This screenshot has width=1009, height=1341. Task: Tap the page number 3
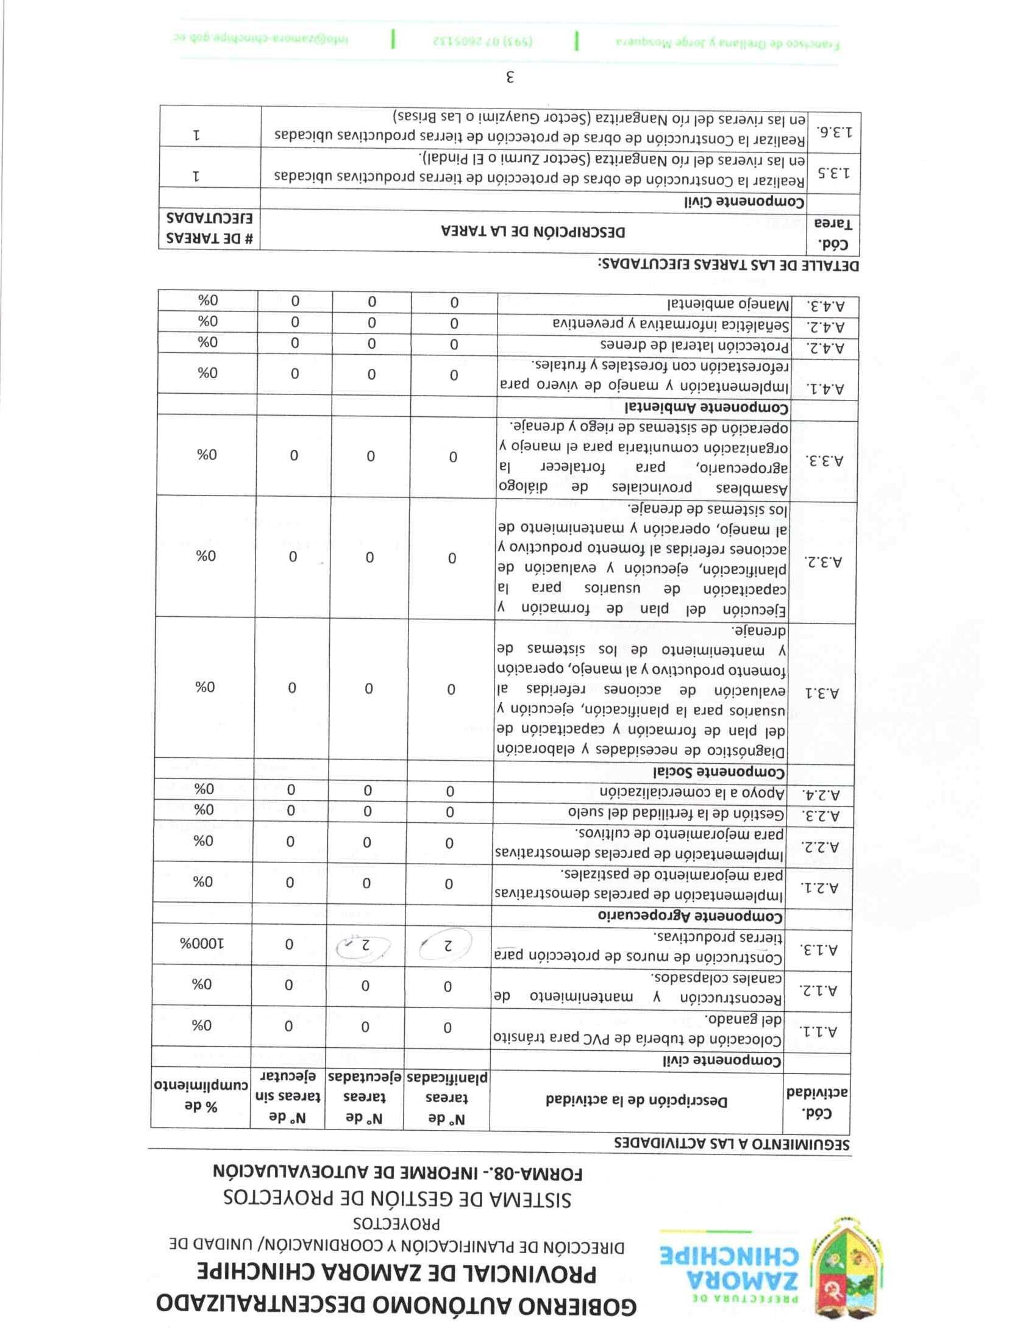[510, 77]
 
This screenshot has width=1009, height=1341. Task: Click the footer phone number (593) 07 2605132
[483, 40]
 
